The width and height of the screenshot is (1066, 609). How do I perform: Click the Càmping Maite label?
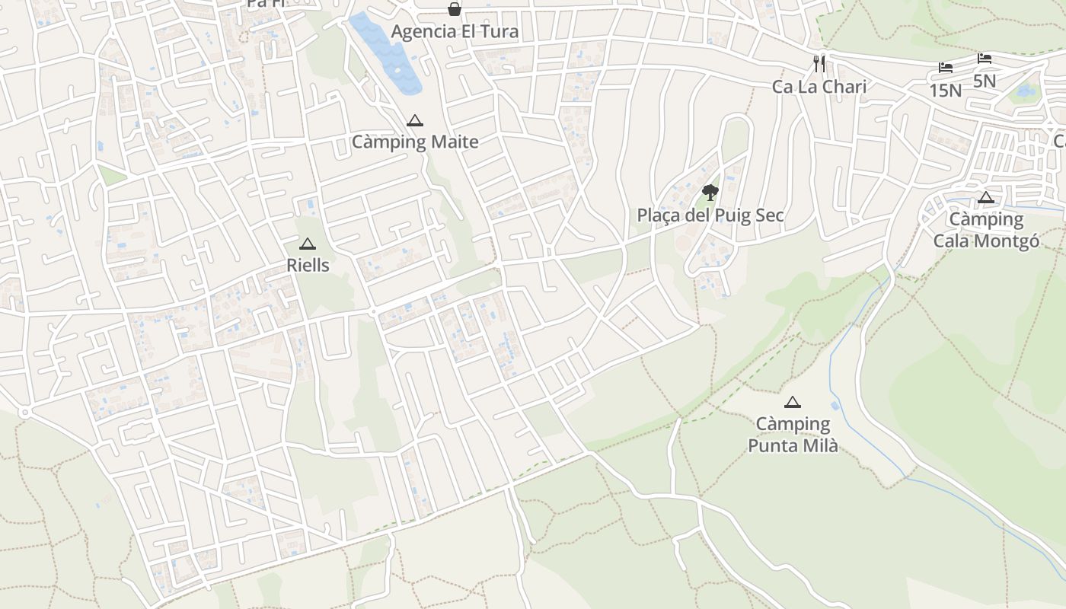pyautogui.click(x=415, y=142)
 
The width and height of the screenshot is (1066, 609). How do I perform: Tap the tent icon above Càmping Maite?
pyautogui.click(x=414, y=120)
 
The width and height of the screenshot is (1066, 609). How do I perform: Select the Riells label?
pyautogui.click(x=308, y=265)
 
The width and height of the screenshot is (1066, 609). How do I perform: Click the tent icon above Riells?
pyautogui.click(x=308, y=244)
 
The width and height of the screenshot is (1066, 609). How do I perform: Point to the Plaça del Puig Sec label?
pyautogui.click(x=710, y=215)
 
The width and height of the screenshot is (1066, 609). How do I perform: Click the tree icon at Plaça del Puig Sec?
pyautogui.click(x=710, y=193)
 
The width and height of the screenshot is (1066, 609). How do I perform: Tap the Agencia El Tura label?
pyautogui.click(x=455, y=31)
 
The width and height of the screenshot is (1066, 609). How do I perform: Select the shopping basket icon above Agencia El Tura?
pyautogui.click(x=455, y=9)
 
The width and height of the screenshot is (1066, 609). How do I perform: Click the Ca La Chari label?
pyautogui.click(x=819, y=87)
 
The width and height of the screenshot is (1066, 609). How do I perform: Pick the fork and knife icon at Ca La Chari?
pyautogui.click(x=819, y=64)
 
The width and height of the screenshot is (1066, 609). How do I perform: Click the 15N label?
pyautogui.click(x=945, y=91)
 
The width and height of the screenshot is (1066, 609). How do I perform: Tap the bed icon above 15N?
pyautogui.click(x=945, y=68)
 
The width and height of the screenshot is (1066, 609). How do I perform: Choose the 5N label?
pyautogui.click(x=985, y=81)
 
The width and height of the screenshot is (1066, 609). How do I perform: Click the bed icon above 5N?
pyautogui.click(x=985, y=59)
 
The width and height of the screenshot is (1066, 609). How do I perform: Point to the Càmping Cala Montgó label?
pyautogui.click(x=986, y=230)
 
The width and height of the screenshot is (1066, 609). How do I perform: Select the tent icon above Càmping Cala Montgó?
pyautogui.click(x=986, y=199)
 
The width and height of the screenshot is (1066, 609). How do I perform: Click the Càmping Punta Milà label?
pyautogui.click(x=793, y=435)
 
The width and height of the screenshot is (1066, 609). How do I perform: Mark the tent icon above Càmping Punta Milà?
pyautogui.click(x=793, y=402)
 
